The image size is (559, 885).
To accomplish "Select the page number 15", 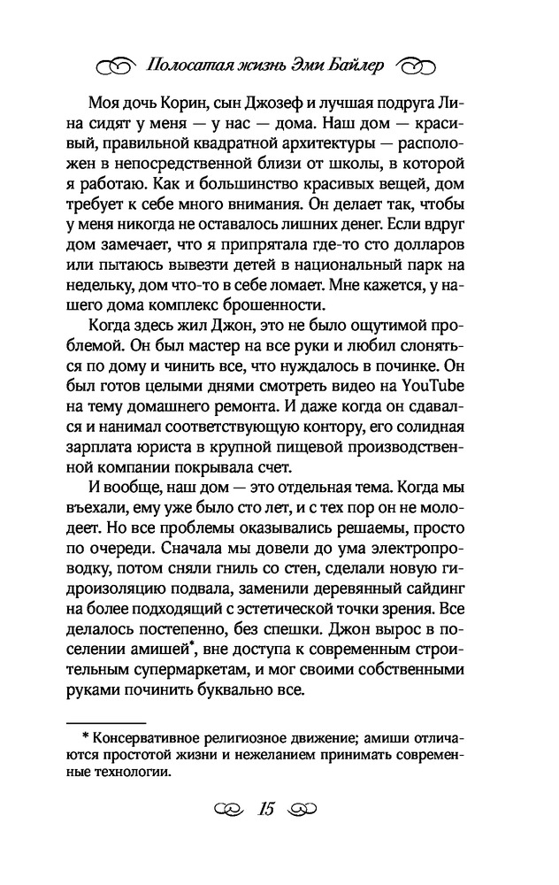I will (x=267, y=809).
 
